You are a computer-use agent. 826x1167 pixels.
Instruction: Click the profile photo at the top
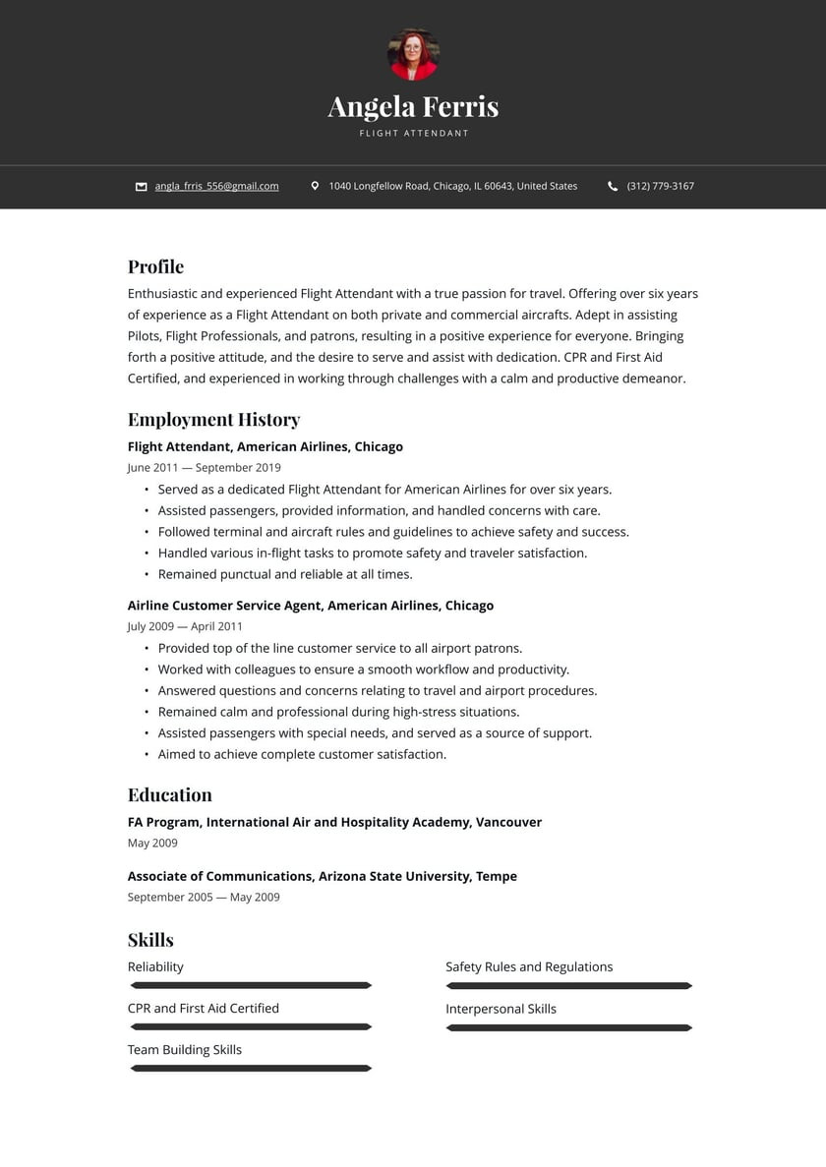click(x=413, y=55)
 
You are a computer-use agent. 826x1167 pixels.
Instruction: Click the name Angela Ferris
click(x=413, y=106)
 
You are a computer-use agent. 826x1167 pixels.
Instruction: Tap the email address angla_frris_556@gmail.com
click(x=216, y=186)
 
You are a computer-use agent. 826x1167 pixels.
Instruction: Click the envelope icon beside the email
click(x=142, y=186)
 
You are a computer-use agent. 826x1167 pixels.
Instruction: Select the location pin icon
click(x=315, y=186)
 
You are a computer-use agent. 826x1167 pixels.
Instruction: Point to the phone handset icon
click(x=613, y=186)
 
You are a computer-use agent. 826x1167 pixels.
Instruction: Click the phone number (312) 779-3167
click(x=660, y=186)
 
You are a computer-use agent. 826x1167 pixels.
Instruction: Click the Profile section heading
click(x=155, y=266)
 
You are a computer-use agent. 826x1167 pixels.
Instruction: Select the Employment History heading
click(x=213, y=420)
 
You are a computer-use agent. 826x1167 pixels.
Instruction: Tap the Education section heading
click(x=169, y=794)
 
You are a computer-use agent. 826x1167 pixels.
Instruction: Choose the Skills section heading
click(x=150, y=940)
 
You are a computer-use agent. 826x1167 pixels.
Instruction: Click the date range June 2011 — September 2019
click(x=204, y=468)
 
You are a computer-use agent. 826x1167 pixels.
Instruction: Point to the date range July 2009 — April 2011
click(x=185, y=626)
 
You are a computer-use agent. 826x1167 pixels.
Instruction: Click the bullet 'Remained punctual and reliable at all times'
click(x=285, y=574)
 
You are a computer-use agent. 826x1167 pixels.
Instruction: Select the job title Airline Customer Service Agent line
click(x=311, y=606)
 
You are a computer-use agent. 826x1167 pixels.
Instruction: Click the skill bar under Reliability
click(x=251, y=985)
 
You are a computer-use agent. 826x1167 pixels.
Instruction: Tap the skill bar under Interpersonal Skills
click(x=568, y=1027)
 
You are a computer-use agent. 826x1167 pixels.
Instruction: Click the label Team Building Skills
click(x=185, y=1050)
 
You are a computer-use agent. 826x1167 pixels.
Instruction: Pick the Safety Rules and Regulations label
click(x=529, y=967)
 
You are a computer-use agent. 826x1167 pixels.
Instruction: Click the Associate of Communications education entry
click(x=322, y=876)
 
